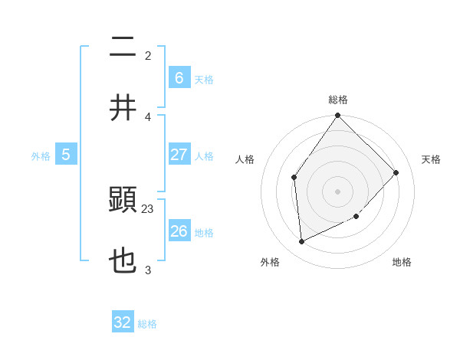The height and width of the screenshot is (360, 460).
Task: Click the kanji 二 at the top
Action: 123,48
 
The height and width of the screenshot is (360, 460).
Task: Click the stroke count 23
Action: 148,208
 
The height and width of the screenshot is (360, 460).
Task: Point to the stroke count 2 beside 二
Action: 148,55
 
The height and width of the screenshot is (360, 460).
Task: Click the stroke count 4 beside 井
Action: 148,116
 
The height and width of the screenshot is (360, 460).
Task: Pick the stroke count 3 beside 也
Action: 148,270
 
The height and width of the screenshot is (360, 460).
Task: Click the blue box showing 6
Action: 179,77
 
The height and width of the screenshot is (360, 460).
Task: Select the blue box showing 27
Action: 179,154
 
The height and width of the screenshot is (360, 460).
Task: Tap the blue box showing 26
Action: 179,231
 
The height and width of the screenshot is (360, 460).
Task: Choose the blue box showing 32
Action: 123,322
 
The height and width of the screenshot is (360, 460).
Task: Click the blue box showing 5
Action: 66,154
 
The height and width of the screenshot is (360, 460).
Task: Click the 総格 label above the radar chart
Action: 338,100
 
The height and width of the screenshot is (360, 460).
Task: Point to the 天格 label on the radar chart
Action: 431,159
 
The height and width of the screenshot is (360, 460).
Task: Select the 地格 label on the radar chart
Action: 402,262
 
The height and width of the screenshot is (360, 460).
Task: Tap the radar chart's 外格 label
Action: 270,262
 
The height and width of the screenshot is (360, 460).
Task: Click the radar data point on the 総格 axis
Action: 338,116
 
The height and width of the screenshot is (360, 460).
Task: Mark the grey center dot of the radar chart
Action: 338,191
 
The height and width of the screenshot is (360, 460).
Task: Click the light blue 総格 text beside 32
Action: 147,324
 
